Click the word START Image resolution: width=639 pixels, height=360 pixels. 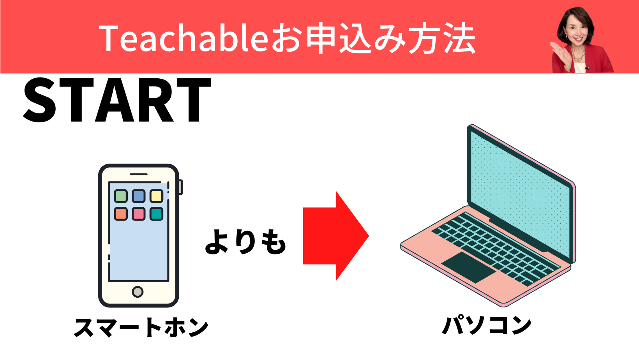pyautogui.click(x=117, y=100)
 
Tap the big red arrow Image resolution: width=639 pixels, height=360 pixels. pyautogui.click(x=336, y=236)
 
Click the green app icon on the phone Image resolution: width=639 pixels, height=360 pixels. pyautogui.click(x=121, y=196)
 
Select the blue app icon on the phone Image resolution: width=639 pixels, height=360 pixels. pyautogui.click(x=139, y=196)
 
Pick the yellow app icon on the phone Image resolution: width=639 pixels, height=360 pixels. pyautogui.click(x=156, y=196)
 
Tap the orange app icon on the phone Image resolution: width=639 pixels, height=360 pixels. pyautogui.click(x=121, y=214)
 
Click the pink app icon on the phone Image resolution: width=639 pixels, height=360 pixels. pyautogui.click(x=139, y=214)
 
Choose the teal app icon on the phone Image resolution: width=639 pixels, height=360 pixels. pyautogui.click(x=156, y=214)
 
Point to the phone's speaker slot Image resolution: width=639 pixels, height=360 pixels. pyautogui.click(x=139, y=174)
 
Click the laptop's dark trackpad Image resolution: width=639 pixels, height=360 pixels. pyautogui.click(x=469, y=267)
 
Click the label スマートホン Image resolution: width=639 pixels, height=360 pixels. pyautogui.click(x=141, y=328)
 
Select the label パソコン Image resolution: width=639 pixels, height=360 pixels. pyautogui.click(x=487, y=325)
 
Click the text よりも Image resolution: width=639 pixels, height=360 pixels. pyautogui.click(x=245, y=242)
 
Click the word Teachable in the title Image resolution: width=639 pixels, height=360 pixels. pyautogui.click(x=184, y=38)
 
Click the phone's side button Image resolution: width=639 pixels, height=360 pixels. pyautogui.click(x=181, y=187)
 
